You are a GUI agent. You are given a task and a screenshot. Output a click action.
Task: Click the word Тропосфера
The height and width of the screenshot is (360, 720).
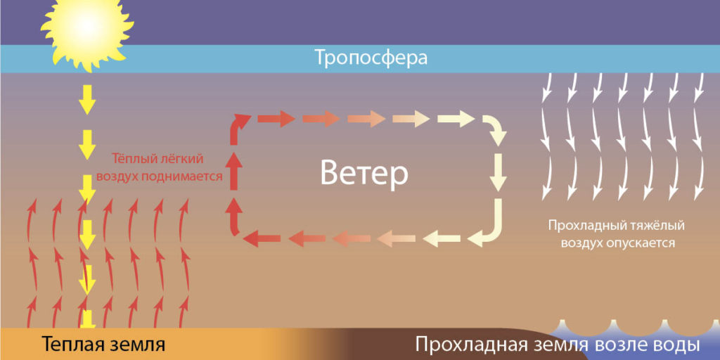pyautogui.click(x=371, y=59)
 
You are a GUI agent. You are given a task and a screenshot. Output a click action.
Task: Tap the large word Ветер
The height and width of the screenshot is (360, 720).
pyautogui.click(x=364, y=174)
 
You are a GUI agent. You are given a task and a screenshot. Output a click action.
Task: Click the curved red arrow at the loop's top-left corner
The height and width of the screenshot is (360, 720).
pyautogui.click(x=238, y=128)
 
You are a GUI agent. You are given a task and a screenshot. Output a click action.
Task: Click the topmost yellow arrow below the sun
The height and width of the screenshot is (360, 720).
pyautogui.click(x=86, y=100)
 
